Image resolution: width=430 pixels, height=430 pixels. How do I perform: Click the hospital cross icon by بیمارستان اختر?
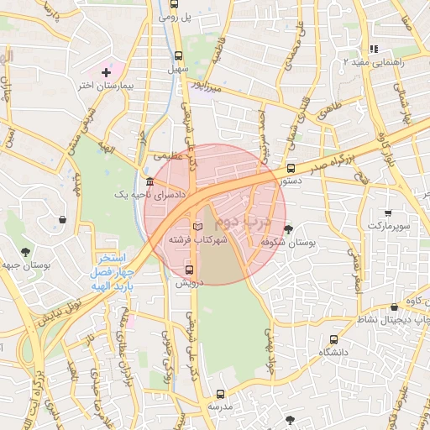click(x=105, y=73)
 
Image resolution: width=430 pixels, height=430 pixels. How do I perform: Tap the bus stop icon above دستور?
click(x=291, y=168)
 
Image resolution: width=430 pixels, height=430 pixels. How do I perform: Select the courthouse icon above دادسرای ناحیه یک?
click(x=149, y=182)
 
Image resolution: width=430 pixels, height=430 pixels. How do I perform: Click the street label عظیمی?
click(x=163, y=156)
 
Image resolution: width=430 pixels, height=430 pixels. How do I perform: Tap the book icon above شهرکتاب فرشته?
click(x=198, y=227)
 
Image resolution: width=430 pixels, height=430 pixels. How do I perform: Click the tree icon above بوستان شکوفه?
click(x=289, y=228)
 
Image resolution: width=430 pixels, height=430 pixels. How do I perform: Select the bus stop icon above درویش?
click(x=189, y=270)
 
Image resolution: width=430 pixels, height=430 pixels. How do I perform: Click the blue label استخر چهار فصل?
click(x=111, y=266)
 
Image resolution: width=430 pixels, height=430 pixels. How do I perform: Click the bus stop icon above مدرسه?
click(x=221, y=393)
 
